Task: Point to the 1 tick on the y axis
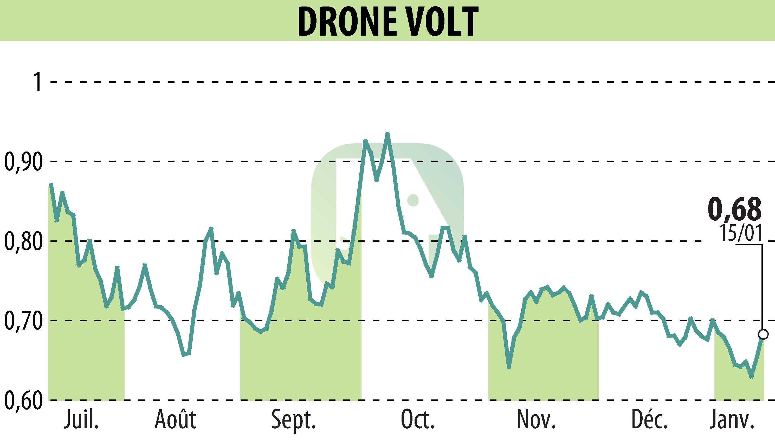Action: click(38, 82)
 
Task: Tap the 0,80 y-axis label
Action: click(23, 241)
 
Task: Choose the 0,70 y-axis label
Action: click(23, 321)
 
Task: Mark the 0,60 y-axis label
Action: click(23, 400)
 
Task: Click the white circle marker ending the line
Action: click(763, 334)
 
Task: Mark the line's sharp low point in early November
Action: click(509, 367)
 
